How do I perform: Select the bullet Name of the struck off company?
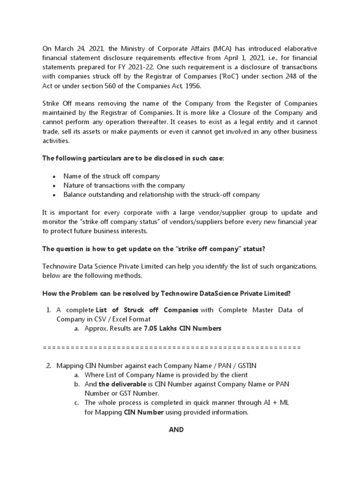click(x=112, y=176)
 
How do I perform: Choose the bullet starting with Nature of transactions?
click(x=124, y=185)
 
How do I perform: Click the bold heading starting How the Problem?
click(x=166, y=293)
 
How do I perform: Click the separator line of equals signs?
click(x=172, y=347)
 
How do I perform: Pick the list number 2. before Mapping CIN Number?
click(x=49, y=366)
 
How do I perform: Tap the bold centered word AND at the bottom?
click(x=176, y=429)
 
